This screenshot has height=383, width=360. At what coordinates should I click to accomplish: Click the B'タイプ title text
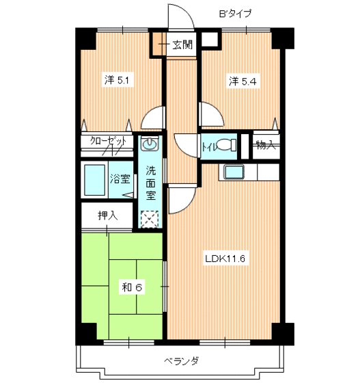pyautogui.click(x=234, y=12)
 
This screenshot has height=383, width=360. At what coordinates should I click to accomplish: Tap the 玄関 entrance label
pyautogui.click(x=182, y=46)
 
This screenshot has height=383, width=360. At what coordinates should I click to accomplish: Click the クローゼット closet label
pyautogui.click(x=109, y=142)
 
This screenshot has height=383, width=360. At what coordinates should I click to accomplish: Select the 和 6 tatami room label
pyautogui.click(x=132, y=287)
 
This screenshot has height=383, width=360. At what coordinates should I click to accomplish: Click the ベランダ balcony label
pyautogui.click(x=180, y=360)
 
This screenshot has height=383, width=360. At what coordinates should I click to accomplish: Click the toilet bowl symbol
pyautogui.click(x=232, y=145)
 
